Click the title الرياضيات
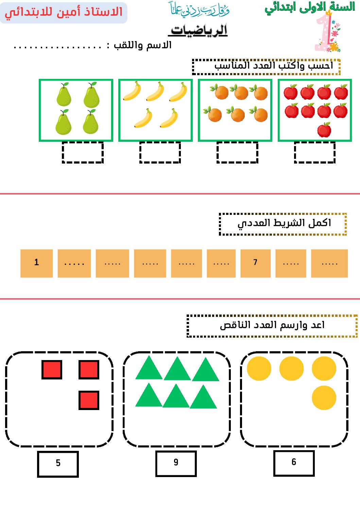tap(199, 30)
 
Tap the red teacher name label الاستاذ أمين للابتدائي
tap(64, 13)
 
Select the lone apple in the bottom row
tap(324, 130)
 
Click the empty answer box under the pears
tap(83, 152)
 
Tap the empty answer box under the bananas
tap(160, 152)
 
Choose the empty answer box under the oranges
tap(237, 152)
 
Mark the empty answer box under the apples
tap(314, 152)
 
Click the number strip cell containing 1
tap(37, 263)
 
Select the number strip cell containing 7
tap(256, 263)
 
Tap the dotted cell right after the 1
tap(74, 263)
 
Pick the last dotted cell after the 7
tap(329, 263)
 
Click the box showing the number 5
tap(58, 464)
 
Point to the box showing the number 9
tap(176, 463)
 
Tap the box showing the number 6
tap(294, 463)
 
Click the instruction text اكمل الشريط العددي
tap(284, 223)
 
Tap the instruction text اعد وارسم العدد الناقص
tap(272, 325)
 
